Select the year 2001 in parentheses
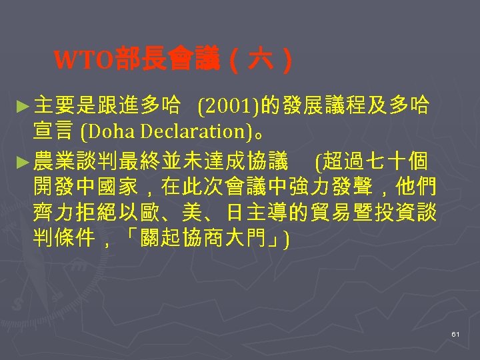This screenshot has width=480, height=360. [x=231, y=105]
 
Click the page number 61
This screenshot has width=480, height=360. [x=455, y=333]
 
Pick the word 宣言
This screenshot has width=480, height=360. [x=53, y=132]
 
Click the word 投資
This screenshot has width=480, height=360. [x=397, y=215]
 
